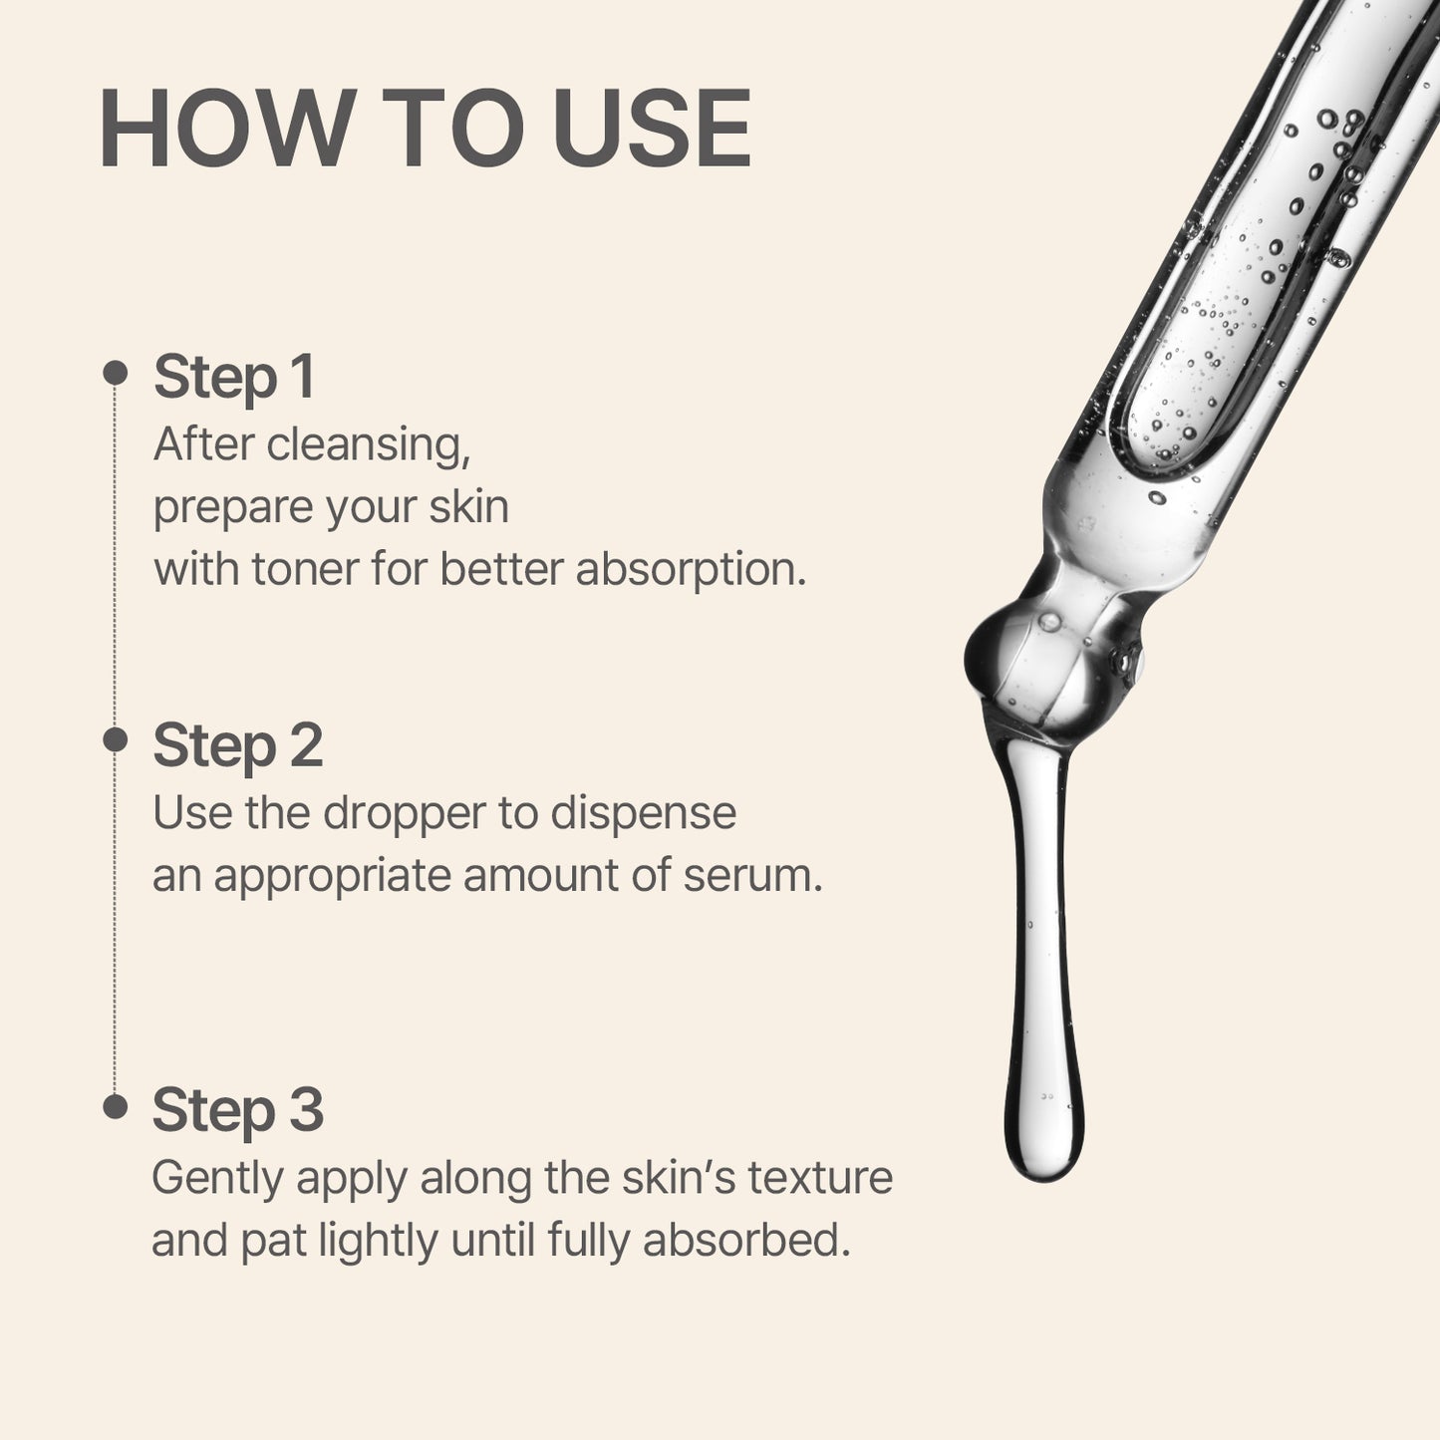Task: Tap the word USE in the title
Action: pyautogui.click(x=652, y=131)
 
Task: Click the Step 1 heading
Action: pyautogui.click(x=234, y=377)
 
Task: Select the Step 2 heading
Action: pyautogui.click(x=237, y=745)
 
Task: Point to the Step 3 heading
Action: pyautogui.click(x=237, y=1109)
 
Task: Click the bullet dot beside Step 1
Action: pyautogui.click(x=116, y=373)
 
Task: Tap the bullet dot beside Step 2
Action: pyautogui.click(x=116, y=739)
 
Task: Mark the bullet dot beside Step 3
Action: pyautogui.click(x=116, y=1106)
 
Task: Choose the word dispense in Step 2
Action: pyautogui.click(x=643, y=813)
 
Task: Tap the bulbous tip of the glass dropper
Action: pyautogui.click(x=1036, y=658)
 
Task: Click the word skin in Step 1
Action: pyautogui.click(x=468, y=507)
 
